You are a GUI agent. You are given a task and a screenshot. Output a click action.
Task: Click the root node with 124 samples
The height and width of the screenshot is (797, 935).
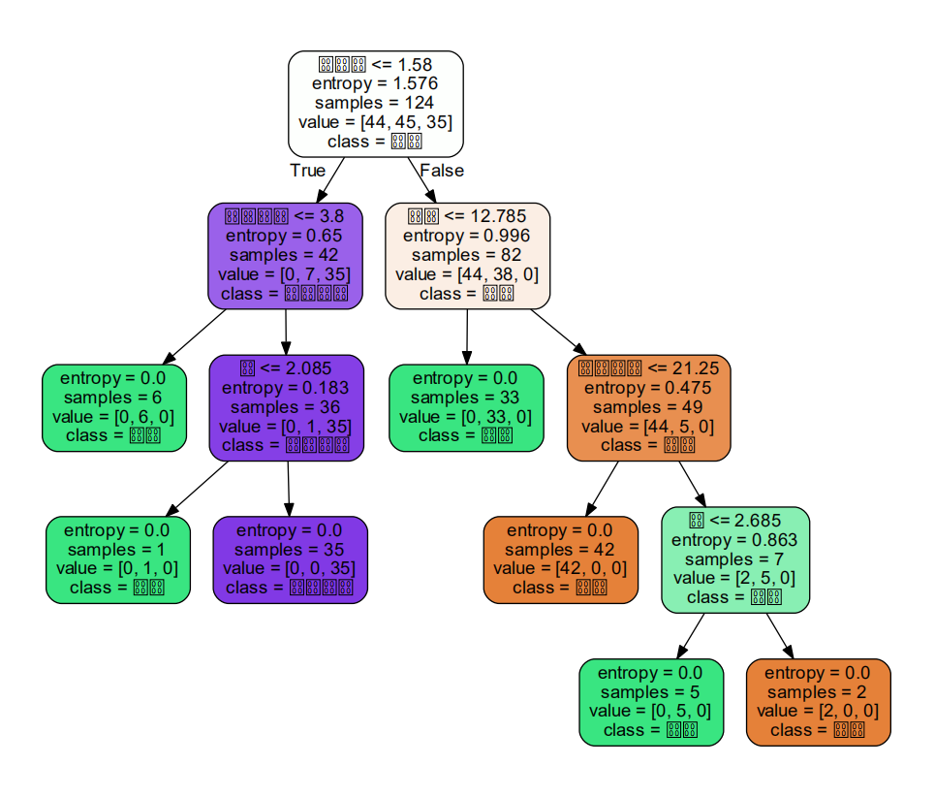375,104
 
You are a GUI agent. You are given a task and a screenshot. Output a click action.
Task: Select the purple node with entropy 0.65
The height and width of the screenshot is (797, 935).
285,255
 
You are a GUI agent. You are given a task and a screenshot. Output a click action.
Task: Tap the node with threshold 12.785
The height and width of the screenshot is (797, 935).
467,255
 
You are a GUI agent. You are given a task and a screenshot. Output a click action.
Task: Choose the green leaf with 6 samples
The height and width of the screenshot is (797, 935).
114,407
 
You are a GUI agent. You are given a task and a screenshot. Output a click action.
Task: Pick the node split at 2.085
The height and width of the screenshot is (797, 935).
287,407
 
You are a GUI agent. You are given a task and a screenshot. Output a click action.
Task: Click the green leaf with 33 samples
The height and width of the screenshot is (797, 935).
466,407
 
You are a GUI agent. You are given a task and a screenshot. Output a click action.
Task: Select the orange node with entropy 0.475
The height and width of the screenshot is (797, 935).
648,407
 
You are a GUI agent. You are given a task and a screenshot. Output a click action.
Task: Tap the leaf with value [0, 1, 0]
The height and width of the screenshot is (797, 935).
116,559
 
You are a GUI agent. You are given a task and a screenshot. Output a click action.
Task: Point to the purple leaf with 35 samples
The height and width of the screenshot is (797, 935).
289,559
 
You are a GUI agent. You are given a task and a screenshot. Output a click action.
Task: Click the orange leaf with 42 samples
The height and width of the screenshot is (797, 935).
560,559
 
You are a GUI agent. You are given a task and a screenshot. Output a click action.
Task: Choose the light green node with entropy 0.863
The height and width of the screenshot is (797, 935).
734,559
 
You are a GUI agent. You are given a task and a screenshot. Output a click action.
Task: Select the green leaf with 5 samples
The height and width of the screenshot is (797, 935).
651,702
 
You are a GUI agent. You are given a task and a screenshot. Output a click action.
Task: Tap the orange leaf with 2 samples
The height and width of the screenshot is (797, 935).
818,702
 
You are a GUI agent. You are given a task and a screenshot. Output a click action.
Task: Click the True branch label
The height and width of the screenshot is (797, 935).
308,171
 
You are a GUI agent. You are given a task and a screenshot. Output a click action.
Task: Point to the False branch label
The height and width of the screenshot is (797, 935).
442,171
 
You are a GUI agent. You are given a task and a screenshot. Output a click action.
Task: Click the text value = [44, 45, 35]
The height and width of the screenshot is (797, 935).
375,122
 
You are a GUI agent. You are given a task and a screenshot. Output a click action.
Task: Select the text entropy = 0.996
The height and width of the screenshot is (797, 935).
467,236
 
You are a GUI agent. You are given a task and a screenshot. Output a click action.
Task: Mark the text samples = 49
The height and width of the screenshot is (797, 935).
648,407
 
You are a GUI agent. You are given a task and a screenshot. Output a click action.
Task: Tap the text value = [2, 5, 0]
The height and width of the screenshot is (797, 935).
734,578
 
